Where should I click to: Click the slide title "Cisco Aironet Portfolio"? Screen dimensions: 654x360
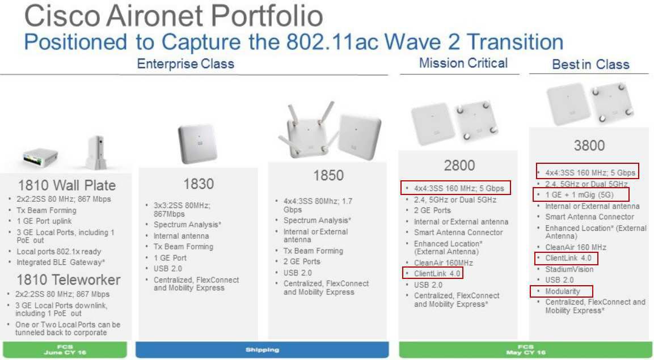174,16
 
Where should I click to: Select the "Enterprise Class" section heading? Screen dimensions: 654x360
185,63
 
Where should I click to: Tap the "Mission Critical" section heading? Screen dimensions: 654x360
463,63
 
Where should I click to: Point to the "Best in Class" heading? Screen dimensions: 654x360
590,64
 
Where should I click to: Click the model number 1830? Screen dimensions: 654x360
199,184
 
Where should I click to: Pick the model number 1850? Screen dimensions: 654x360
328,175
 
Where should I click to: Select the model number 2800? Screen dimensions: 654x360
459,166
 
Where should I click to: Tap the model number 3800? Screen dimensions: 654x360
589,145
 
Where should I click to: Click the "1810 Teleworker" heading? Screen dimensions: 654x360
69,279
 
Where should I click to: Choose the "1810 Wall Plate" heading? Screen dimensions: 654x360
67,185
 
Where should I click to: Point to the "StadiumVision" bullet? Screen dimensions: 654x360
569,269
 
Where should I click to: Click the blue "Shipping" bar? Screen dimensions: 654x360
262,350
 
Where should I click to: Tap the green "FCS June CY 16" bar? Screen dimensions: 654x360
65,350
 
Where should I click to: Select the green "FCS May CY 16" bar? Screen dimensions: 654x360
526,350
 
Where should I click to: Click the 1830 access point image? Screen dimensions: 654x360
197,143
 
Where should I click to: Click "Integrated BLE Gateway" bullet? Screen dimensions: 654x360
61,262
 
